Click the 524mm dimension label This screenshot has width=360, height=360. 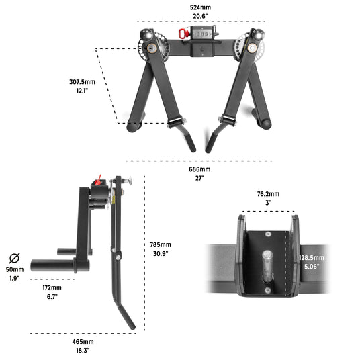pyautogui.click(x=200, y=7)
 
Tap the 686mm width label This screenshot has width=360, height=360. pyautogui.click(x=199, y=169)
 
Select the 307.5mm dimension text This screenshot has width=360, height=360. pyautogui.click(x=82, y=82)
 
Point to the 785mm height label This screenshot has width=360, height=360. pyautogui.click(x=161, y=244)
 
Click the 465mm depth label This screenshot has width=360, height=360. pyautogui.click(x=83, y=342)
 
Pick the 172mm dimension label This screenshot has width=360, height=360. pyautogui.click(x=52, y=287)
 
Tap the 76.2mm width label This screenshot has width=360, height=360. pyautogui.click(x=268, y=194)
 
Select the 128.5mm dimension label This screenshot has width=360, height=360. pyautogui.click(x=312, y=258)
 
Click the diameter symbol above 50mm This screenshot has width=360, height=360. pyautogui.click(x=14, y=258)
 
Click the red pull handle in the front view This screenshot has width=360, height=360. pyautogui.click(x=183, y=34)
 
